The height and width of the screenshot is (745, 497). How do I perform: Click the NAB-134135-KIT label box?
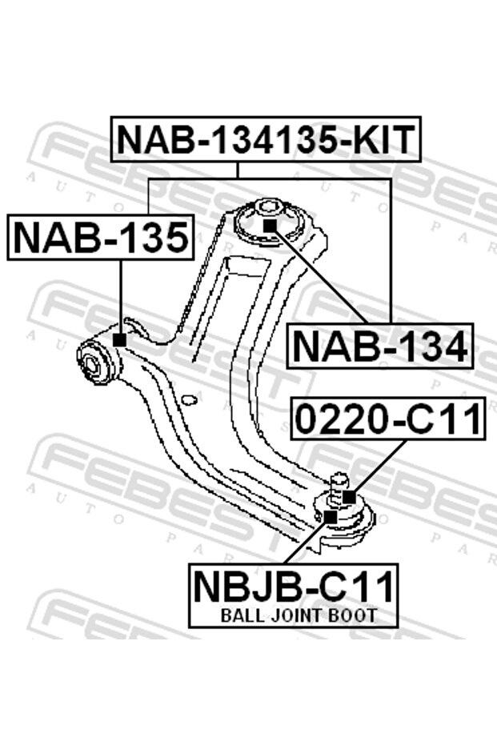click(266, 139)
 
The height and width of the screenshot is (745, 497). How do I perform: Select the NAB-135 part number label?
click(100, 237)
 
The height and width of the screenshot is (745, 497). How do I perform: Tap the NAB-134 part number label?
click(380, 346)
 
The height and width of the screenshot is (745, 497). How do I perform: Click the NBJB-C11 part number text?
click(294, 587)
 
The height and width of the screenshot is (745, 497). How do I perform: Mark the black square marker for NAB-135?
click(119, 339)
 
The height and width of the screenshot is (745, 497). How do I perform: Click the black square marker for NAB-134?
click(270, 226)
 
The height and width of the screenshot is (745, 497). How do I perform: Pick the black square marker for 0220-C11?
click(349, 497)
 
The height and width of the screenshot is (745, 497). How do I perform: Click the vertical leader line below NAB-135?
click(119, 296)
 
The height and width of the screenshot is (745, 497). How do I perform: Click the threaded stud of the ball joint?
click(336, 484)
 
